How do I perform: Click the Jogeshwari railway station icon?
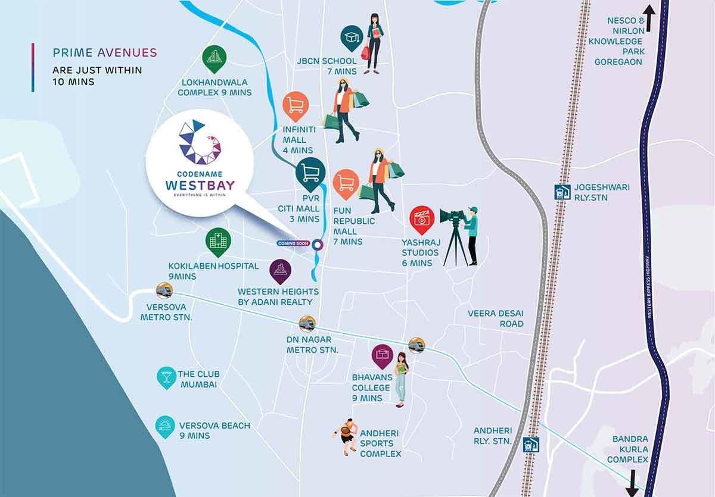click(561, 191)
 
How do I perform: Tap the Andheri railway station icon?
click(530, 445)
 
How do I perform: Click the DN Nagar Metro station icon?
click(307, 323)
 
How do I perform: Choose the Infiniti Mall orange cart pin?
click(294, 106)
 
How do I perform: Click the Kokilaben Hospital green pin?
click(218, 242)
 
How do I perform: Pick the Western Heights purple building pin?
click(280, 271)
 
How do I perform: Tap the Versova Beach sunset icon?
click(165, 426)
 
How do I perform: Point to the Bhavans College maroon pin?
click(381, 357)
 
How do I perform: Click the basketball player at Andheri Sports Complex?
click(345, 438)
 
